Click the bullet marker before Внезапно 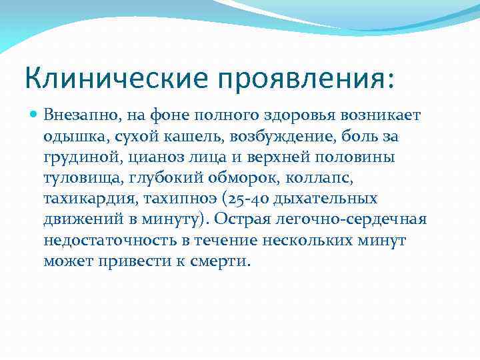(34, 115)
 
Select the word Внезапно (75, 115)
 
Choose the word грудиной (73, 158)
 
